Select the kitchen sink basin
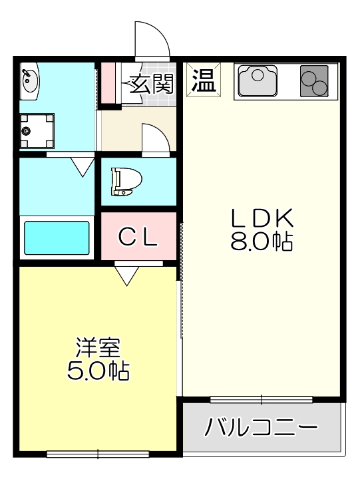pyautogui.click(x=257, y=80)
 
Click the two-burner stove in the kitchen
pyautogui.click(x=314, y=81)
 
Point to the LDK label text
pyautogui.click(x=262, y=218)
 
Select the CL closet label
pyautogui.click(x=138, y=237)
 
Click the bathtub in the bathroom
pyautogui.click(x=57, y=238)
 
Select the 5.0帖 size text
pyautogui.click(x=98, y=370)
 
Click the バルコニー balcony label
pyautogui.click(x=261, y=426)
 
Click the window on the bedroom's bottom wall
pyautogui.click(x=98, y=454)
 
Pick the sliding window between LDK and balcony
pyautogui.click(x=261, y=400)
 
